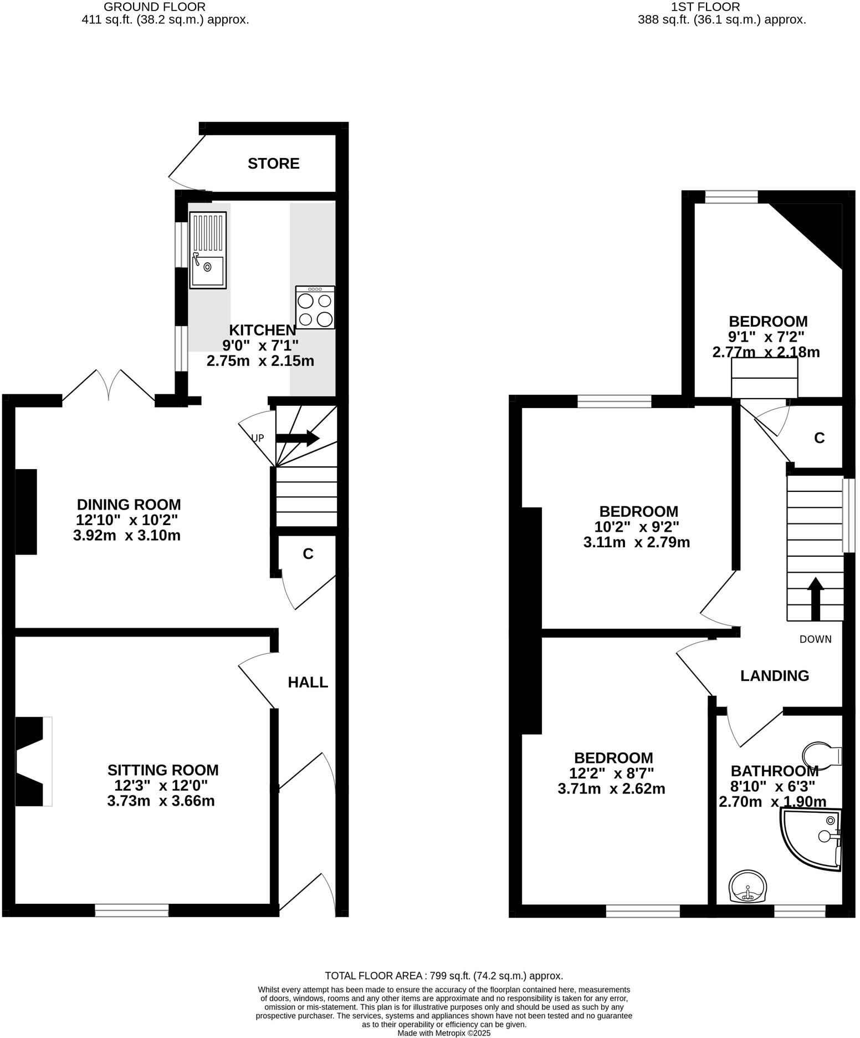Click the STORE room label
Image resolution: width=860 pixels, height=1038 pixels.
(273, 164)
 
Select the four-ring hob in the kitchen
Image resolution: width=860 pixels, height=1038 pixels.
(315, 308)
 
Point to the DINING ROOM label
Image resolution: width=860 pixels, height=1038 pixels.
(129, 505)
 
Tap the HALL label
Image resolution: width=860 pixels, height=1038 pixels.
(308, 682)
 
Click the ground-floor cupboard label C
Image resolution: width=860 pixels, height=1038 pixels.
(308, 553)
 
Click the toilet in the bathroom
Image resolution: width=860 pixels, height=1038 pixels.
(822, 756)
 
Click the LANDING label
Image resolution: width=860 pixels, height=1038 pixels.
(775, 675)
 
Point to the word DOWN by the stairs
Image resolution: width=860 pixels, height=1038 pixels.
(815, 639)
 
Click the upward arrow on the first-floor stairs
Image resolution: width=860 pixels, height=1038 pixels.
(815, 599)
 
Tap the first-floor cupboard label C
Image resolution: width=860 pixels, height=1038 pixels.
(819, 438)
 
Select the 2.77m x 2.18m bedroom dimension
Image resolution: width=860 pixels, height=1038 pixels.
(766, 352)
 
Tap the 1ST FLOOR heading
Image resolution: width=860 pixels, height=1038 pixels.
(705, 7)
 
